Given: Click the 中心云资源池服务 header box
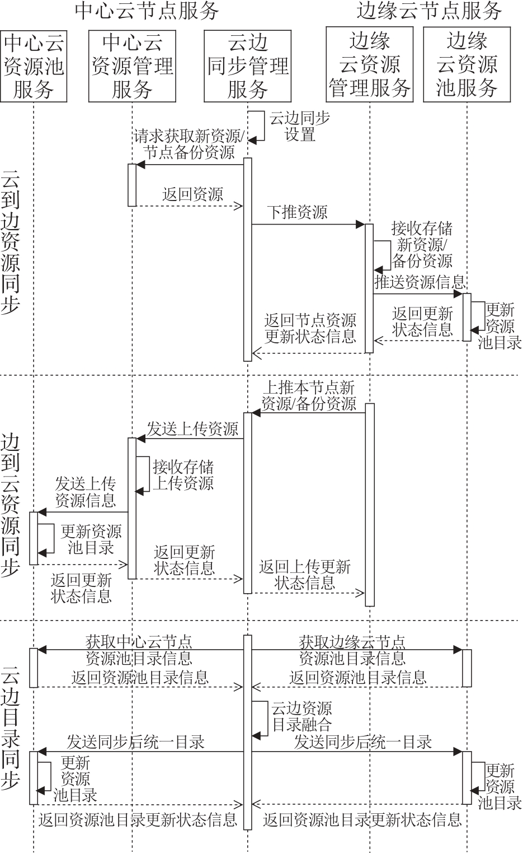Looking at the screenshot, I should coord(34,66).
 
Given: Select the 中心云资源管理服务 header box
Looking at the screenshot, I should coord(132,66).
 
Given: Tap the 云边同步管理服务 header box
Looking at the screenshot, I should coord(248,66).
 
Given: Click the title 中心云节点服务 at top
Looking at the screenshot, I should coord(147,11).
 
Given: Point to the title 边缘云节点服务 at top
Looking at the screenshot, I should coord(430,11).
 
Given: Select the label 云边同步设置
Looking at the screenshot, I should coord(300,127).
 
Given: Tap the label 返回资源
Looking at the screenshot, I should coord(192,194).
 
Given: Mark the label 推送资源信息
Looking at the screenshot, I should coord(420,281).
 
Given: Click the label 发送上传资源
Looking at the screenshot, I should coord(192,429).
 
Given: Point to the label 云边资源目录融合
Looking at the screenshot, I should coord(301,717).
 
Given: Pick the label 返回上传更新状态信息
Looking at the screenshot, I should coord(305,575).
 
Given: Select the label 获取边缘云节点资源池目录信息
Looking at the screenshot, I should coord(352,650).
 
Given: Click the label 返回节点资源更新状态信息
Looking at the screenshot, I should coord(310,328).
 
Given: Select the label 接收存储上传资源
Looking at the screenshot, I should coord(183,475).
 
